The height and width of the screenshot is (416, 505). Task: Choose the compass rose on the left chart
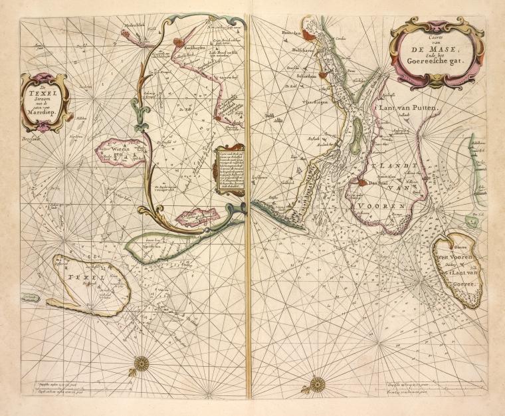[141, 363]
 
